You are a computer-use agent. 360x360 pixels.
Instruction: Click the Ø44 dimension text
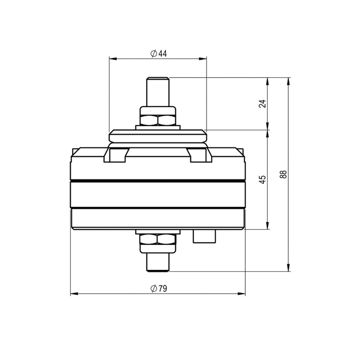(158, 54)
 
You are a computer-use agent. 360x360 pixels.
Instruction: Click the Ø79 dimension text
(158, 288)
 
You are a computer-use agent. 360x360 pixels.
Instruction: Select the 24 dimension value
(263, 104)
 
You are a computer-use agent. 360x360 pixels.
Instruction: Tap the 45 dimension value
(263, 179)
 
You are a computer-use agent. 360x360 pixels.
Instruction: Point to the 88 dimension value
(284, 175)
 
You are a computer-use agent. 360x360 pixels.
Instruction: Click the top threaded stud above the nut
(158, 91)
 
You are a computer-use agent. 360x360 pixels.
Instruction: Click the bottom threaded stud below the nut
(158, 262)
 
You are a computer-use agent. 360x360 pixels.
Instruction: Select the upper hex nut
(158, 120)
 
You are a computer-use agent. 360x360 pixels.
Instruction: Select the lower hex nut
(158, 239)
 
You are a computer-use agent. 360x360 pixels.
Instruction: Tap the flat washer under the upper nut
(158, 127)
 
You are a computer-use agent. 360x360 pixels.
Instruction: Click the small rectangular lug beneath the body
(204, 236)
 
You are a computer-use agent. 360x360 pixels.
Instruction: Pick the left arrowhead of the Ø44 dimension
(112, 58)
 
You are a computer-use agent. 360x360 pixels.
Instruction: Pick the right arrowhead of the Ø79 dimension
(243, 294)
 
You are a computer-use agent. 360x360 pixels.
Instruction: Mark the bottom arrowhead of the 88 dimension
(288, 268)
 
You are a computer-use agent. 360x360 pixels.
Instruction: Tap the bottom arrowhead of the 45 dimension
(267, 226)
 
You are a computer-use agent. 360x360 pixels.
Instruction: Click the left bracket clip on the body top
(116, 155)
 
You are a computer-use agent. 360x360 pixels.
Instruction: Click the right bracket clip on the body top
(200, 155)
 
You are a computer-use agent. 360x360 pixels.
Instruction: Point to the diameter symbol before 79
(153, 288)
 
